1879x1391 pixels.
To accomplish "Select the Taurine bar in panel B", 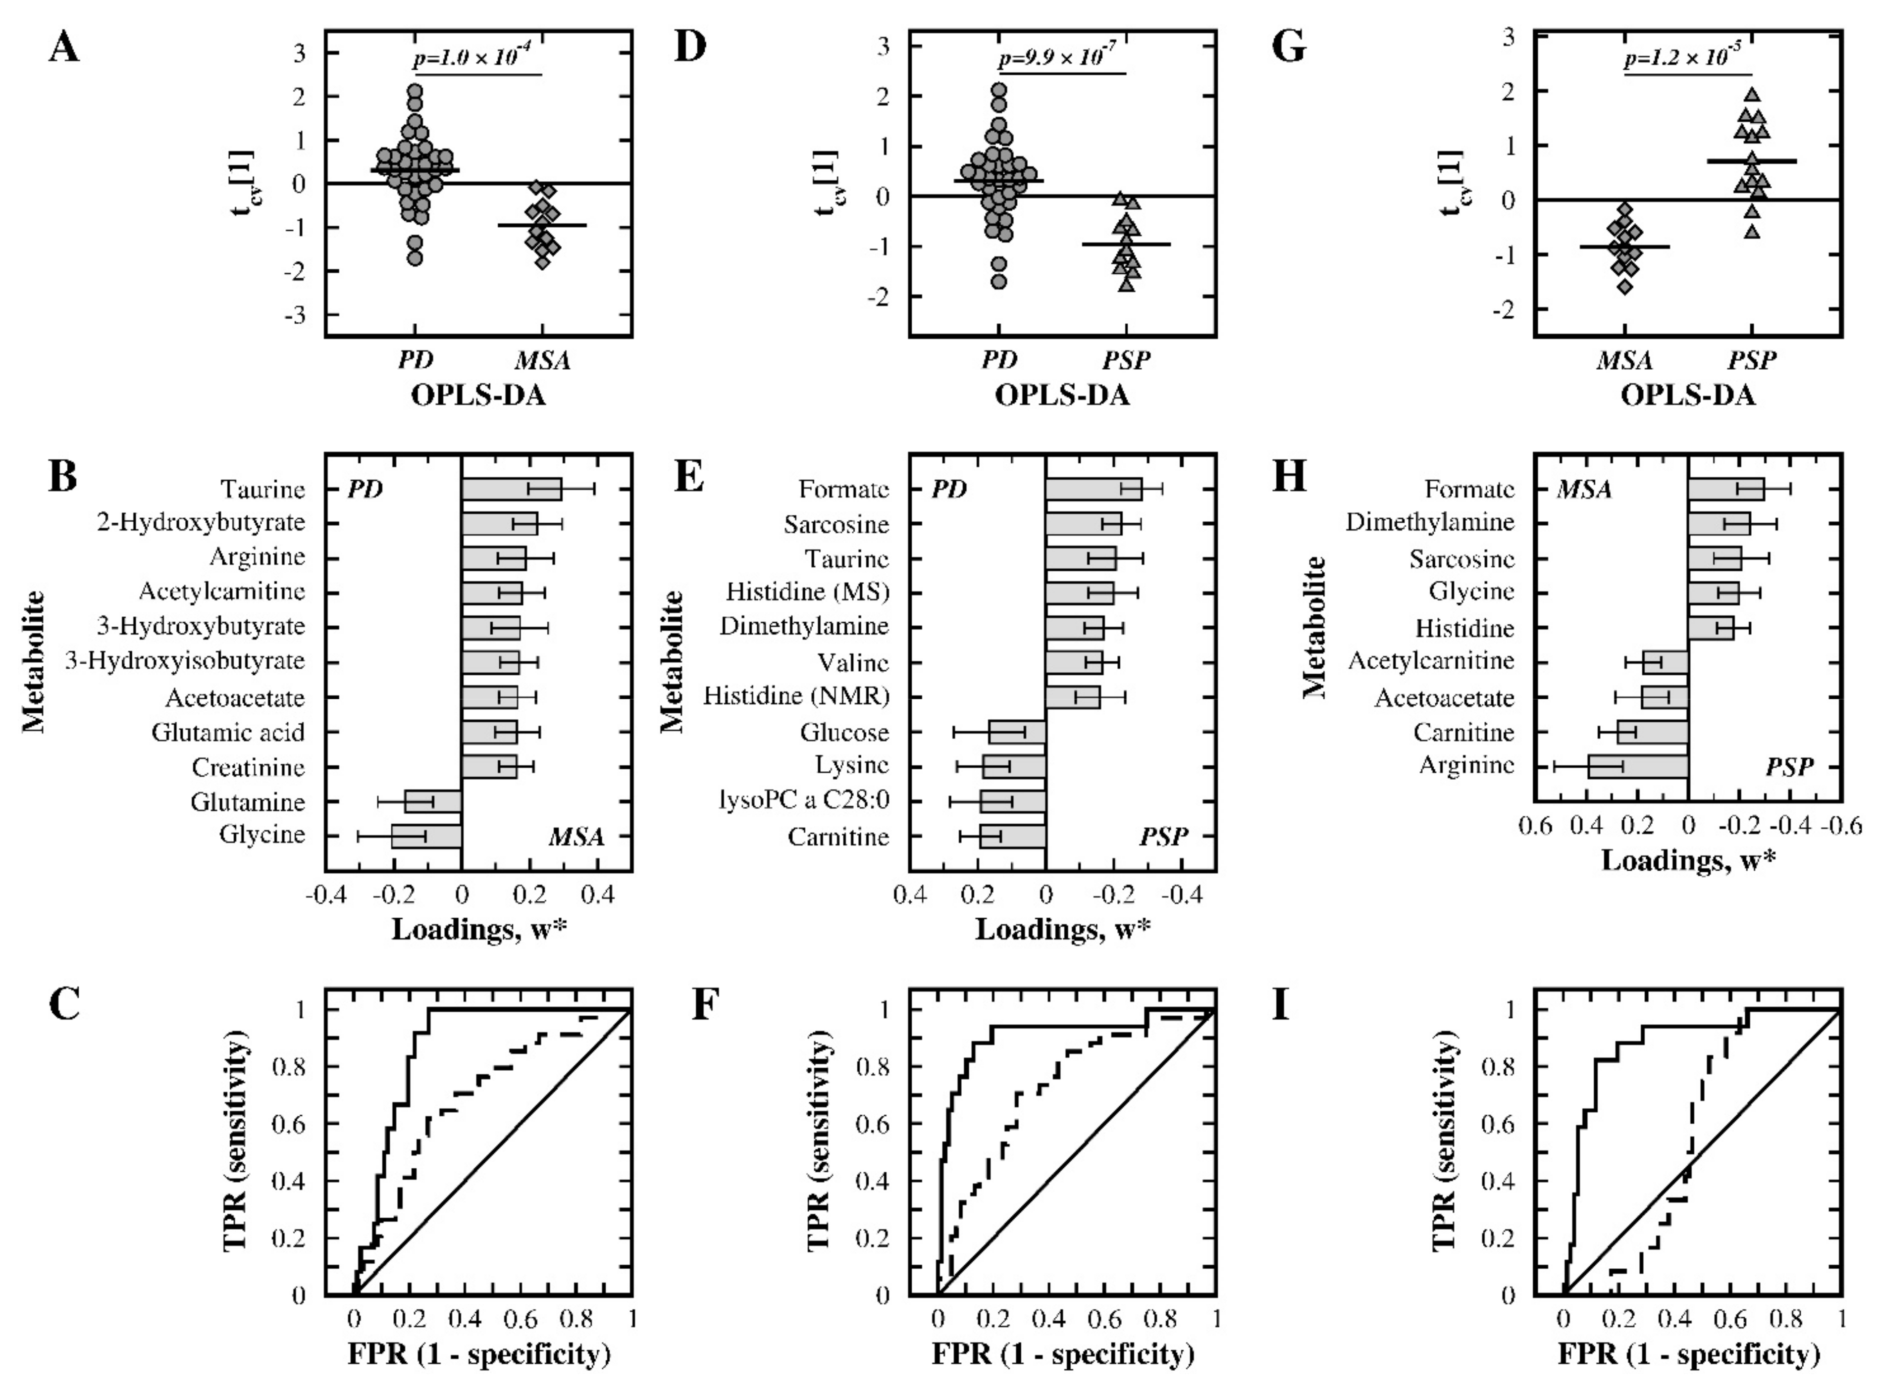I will [511, 489].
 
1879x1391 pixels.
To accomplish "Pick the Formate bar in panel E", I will [1093, 489].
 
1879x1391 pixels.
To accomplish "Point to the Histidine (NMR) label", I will [797, 696].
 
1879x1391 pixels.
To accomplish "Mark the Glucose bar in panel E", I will [1017, 732].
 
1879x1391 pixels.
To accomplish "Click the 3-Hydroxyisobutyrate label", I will [185, 661].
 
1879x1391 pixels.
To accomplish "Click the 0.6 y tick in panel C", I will [289, 1125].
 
